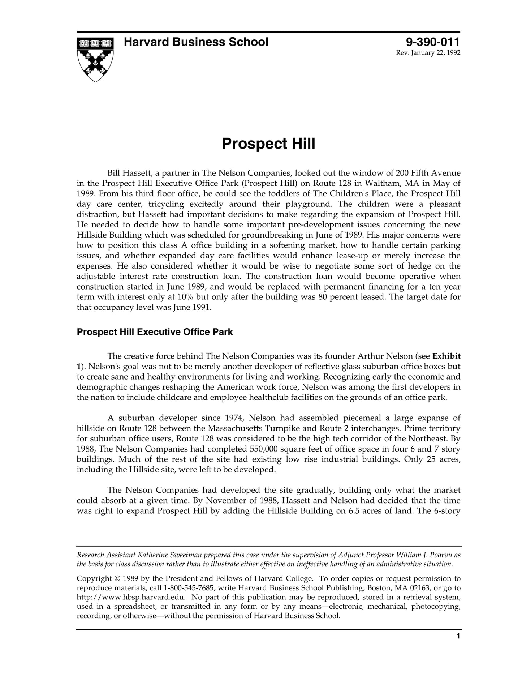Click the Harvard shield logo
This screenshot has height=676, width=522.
coord(95,59)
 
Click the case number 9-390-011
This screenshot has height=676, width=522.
coord(433,42)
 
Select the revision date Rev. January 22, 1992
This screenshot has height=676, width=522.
coord(428,53)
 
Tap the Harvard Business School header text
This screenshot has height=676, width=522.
coord(196,42)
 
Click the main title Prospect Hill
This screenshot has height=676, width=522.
coord(268,144)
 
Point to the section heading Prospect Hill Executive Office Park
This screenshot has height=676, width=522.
coord(155,332)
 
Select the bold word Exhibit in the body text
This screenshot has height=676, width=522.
coord(446,356)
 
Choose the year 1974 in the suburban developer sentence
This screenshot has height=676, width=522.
coord(235,418)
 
